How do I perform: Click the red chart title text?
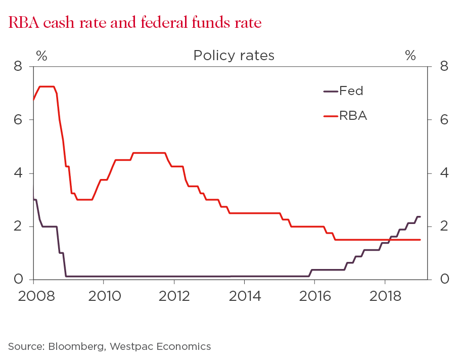[x=134, y=23]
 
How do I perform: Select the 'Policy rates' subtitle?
[x=234, y=56]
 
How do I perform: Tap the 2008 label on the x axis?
[x=33, y=295]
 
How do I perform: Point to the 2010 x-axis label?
[x=104, y=295]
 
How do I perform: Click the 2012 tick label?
[x=174, y=295]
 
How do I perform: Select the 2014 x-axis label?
[x=245, y=295]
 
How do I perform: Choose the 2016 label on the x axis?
[x=315, y=295]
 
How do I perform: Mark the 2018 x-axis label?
[x=385, y=295]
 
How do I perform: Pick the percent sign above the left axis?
[x=41, y=56]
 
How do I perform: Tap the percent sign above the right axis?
[x=410, y=56]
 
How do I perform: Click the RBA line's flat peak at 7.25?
[x=47, y=86]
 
